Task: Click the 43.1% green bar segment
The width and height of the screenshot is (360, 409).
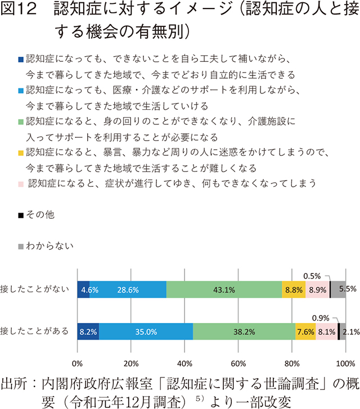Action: [x=224, y=289]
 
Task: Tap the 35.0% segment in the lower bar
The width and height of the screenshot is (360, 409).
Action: [x=146, y=331]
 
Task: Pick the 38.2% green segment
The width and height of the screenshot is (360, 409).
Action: [x=244, y=331]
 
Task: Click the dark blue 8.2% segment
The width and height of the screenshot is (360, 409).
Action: [x=88, y=331]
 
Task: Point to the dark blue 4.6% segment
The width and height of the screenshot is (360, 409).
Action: [x=83, y=289]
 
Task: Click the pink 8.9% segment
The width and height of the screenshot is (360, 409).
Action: [x=317, y=289]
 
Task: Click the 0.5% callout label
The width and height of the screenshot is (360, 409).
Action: [x=312, y=276]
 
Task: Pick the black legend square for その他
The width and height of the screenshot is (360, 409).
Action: [x=21, y=215]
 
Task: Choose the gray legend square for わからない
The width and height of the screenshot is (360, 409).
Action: [x=21, y=246]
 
